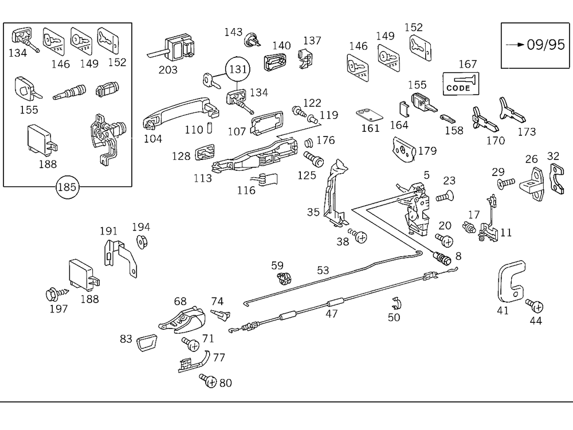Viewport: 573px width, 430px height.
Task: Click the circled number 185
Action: click(68, 187)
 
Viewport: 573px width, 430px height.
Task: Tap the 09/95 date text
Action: click(537, 45)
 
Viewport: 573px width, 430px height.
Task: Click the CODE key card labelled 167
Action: click(462, 84)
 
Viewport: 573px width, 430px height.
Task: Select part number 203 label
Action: click(168, 70)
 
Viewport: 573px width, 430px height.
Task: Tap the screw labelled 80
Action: click(207, 380)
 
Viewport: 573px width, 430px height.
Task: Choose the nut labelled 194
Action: click(140, 241)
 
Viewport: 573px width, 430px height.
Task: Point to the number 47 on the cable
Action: click(332, 314)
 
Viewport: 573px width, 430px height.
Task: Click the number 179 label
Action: click(427, 151)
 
